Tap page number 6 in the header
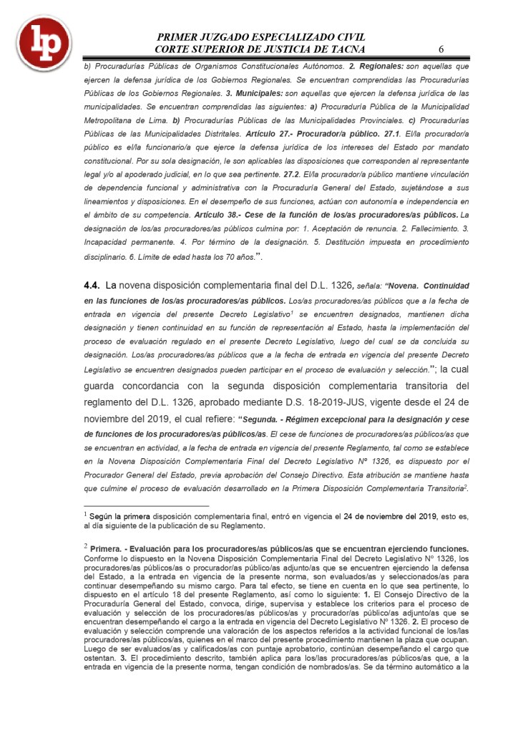coord(441,49)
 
